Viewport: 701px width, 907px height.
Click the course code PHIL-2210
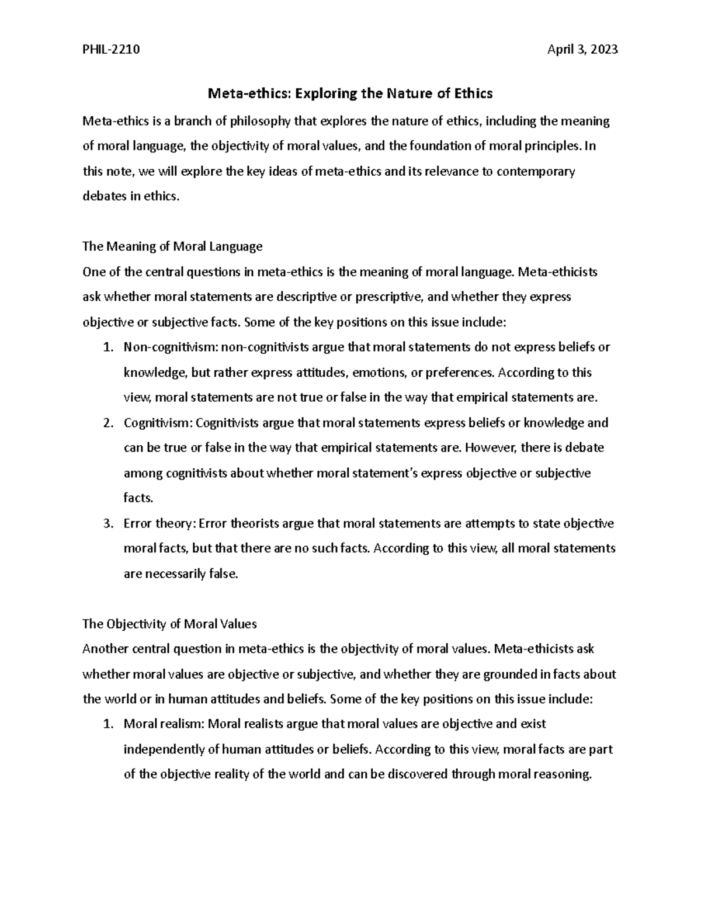(x=111, y=50)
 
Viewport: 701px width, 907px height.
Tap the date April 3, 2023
(x=582, y=50)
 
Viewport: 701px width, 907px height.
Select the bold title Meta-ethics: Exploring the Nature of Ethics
(x=350, y=93)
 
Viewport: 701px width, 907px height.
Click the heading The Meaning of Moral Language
(x=172, y=246)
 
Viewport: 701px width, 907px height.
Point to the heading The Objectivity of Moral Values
(x=169, y=624)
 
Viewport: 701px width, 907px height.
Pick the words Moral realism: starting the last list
(x=164, y=724)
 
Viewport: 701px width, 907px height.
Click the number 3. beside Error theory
(x=107, y=523)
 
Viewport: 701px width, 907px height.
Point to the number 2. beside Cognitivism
(x=107, y=422)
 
